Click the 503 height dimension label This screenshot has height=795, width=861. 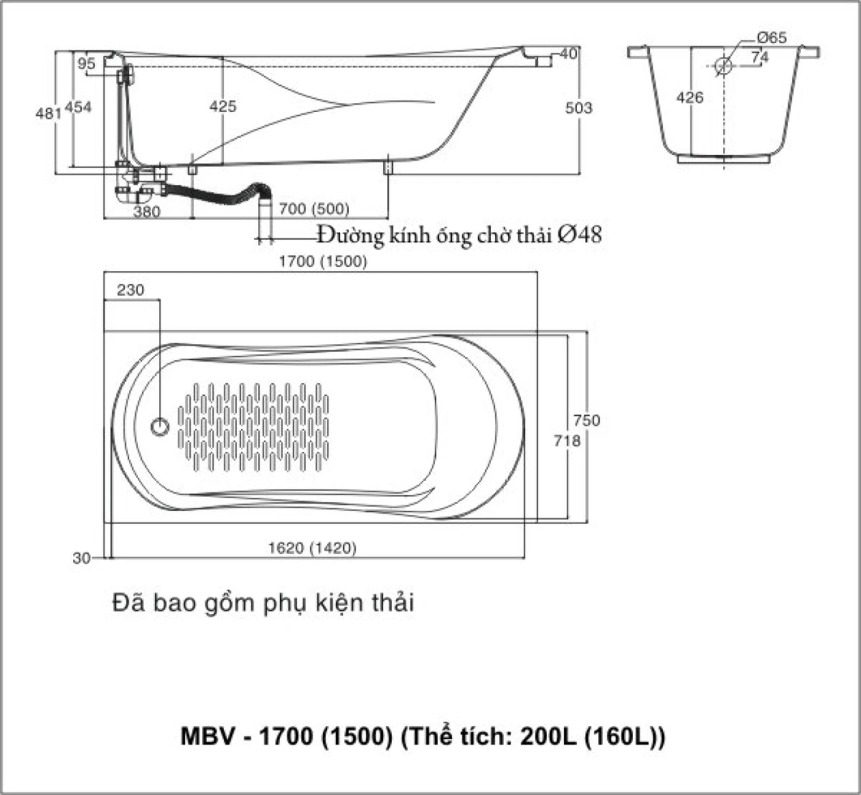579,108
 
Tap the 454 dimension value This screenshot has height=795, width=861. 79,107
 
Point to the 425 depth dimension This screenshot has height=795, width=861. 223,106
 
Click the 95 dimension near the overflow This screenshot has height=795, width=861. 87,64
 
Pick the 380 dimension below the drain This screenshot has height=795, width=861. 146,212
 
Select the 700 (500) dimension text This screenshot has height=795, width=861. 314,209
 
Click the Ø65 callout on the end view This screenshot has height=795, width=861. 771,38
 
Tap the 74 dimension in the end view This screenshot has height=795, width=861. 760,57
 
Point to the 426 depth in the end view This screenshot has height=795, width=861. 689,97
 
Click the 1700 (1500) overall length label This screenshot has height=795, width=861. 323,261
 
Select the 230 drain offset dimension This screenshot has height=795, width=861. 130,290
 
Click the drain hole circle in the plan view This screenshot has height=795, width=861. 160,426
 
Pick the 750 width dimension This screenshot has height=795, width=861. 586,421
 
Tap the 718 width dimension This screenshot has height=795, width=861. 567,441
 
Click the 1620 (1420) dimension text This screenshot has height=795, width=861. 312,547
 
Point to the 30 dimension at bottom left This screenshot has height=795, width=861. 81,558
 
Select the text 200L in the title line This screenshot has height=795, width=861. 548,736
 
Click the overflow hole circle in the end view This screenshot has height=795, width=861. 724,65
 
